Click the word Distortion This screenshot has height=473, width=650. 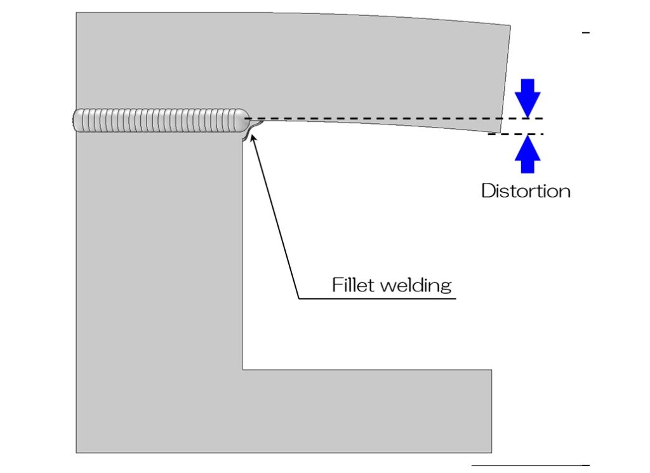click(526, 190)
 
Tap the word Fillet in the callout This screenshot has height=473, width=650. click(354, 285)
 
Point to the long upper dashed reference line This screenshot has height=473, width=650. click(394, 119)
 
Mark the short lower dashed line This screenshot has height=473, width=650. click(515, 134)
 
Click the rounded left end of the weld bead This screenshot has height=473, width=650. click(76, 121)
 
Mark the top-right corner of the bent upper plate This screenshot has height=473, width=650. click(510, 26)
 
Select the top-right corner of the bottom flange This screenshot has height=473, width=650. click(491, 370)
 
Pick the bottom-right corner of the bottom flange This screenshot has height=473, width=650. click(491, 452)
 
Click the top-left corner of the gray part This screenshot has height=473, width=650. click(77, 13)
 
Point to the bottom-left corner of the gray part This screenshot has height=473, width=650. click(77, 452)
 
